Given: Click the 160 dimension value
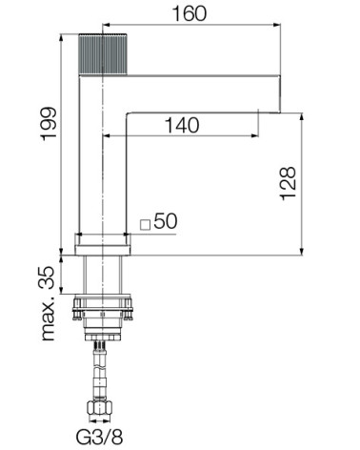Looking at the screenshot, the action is point(190,13).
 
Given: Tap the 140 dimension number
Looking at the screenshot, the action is point(182,125).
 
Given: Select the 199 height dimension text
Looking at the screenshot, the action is point(49,124).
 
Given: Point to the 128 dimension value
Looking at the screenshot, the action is point(288,183).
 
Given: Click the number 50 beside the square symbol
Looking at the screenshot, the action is point(166,220).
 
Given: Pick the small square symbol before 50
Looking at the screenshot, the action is point(145,225).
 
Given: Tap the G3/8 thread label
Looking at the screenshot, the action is point(99,437).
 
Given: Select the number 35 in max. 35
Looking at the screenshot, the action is point(49,276).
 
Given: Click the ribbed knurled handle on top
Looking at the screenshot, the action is point(103,54).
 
